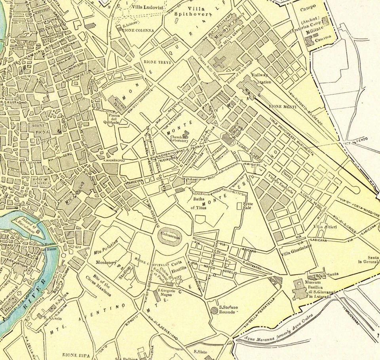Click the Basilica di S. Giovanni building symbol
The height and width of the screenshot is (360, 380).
coord(297,290)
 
